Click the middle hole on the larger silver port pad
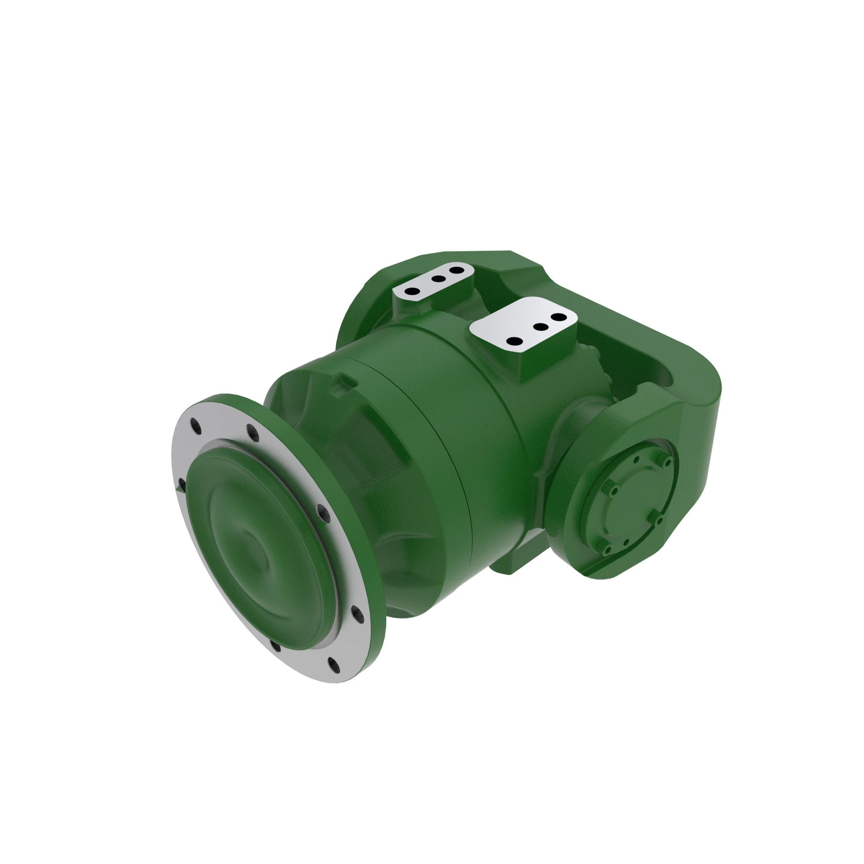pyautogui.click(x=541, y=327)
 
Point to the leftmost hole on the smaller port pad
pyautogui.click(x=414, y=291)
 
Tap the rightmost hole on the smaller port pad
pyautogui.click(x=456, y=270)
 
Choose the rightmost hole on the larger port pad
pyautogui.click(x=558, y=317)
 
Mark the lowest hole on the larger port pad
pyautogui.click(x=515, y=341)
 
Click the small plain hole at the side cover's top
pyautogui.click(x=637, y=459)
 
